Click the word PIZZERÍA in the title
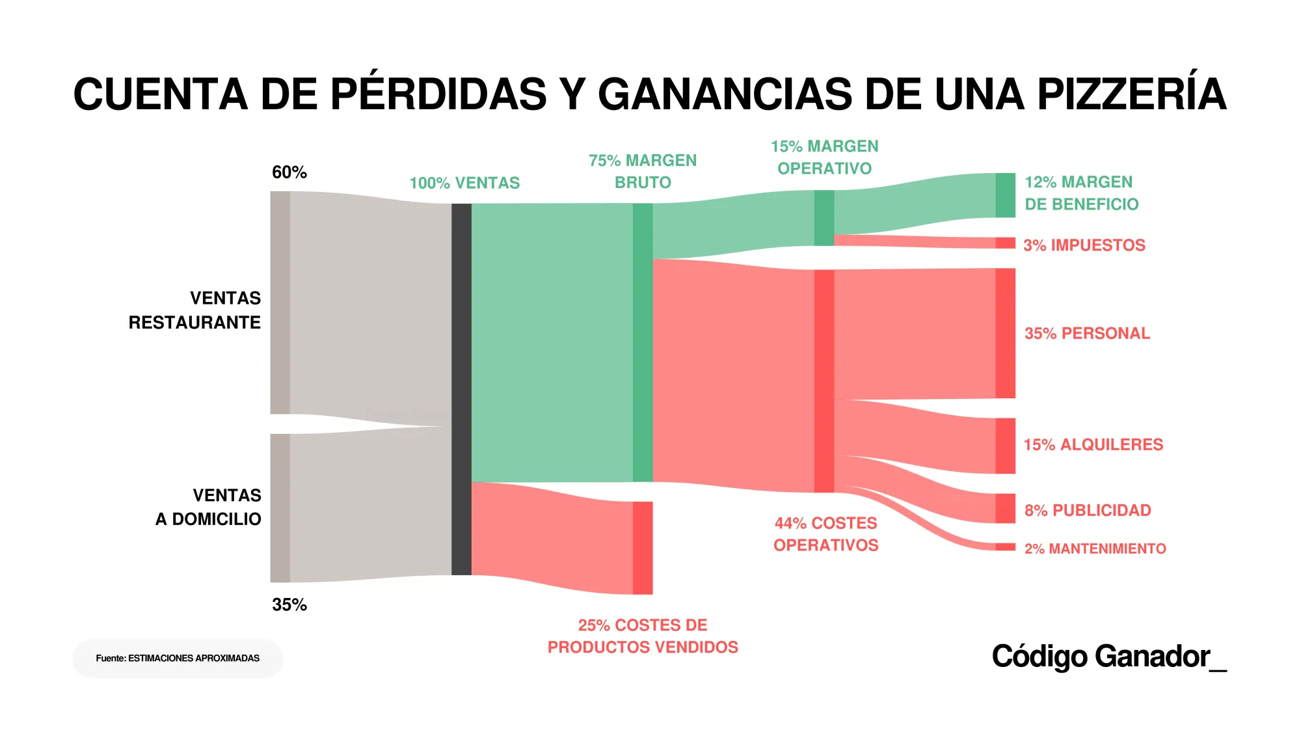(1131, 94)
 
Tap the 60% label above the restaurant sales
(289, 172)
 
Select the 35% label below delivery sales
(289, 604)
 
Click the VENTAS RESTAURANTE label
(195, 310)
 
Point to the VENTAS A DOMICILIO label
(208, 507)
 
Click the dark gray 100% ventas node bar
(461, 389)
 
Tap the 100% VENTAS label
(464, 183)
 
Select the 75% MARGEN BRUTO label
(643, 171)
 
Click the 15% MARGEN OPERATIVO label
(824, 157)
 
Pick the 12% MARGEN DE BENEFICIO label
(1081, 193)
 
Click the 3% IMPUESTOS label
(1084, 245)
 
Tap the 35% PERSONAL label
(1087, 333)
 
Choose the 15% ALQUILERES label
(1093, 444)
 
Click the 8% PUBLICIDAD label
(1088, 510)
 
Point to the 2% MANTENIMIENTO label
(1095, 549)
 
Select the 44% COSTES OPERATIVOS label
(825, 534)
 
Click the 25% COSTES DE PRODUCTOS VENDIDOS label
(643, 636)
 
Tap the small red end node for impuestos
(1005, 243)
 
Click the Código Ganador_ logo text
(1108, 656)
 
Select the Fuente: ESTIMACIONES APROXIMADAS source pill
(178, 658)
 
